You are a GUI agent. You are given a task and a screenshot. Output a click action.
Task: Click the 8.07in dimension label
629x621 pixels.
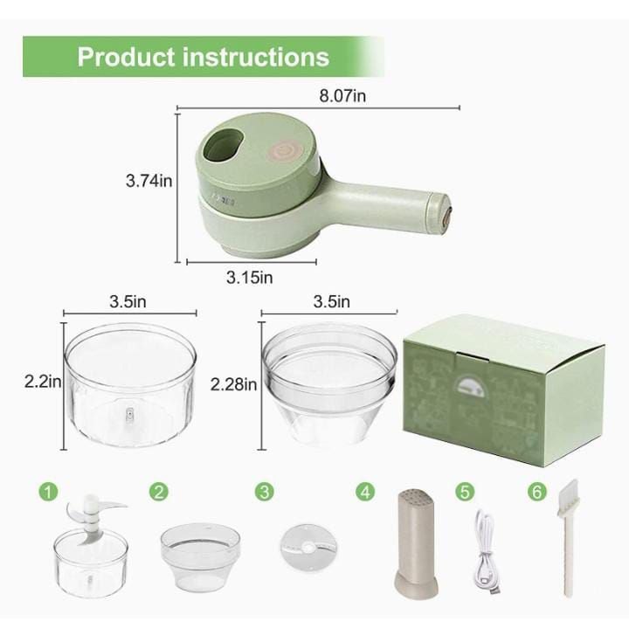[342, 96]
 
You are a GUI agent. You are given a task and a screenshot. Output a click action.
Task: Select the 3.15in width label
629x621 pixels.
[250, 278]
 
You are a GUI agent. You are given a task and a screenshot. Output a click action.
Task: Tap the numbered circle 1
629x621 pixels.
[52, 492]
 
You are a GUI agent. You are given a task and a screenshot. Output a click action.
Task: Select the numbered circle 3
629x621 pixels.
[264, 492]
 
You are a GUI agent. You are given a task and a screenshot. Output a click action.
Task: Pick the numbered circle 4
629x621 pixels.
[365, 492]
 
